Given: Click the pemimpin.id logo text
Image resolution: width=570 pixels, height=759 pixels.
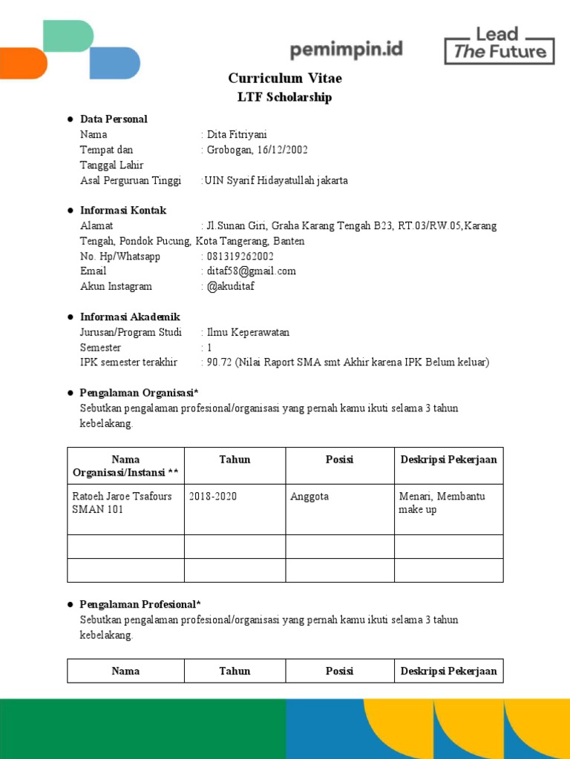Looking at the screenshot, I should tap(347, 50).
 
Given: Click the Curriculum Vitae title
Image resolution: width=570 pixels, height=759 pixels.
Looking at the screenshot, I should tap(285, 79).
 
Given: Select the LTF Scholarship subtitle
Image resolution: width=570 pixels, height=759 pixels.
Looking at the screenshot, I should tap(284, 98).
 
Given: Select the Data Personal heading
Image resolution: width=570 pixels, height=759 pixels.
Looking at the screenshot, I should tap(114, 119).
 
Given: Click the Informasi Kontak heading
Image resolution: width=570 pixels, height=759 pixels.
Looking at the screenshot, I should tap(123, 211).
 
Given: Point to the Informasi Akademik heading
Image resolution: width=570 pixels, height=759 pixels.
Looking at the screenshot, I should tap(130, 317).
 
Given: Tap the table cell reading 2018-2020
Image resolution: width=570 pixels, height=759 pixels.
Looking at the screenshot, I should tap(213, 497).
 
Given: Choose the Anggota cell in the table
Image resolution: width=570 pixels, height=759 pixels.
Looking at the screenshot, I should tap(309, 497).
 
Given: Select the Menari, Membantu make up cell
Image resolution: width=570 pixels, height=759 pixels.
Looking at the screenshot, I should tap(442, 503).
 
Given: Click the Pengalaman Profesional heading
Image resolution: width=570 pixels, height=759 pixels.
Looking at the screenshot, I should tap(140, 605).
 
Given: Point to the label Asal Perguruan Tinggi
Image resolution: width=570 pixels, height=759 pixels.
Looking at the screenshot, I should tap(131, 181).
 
